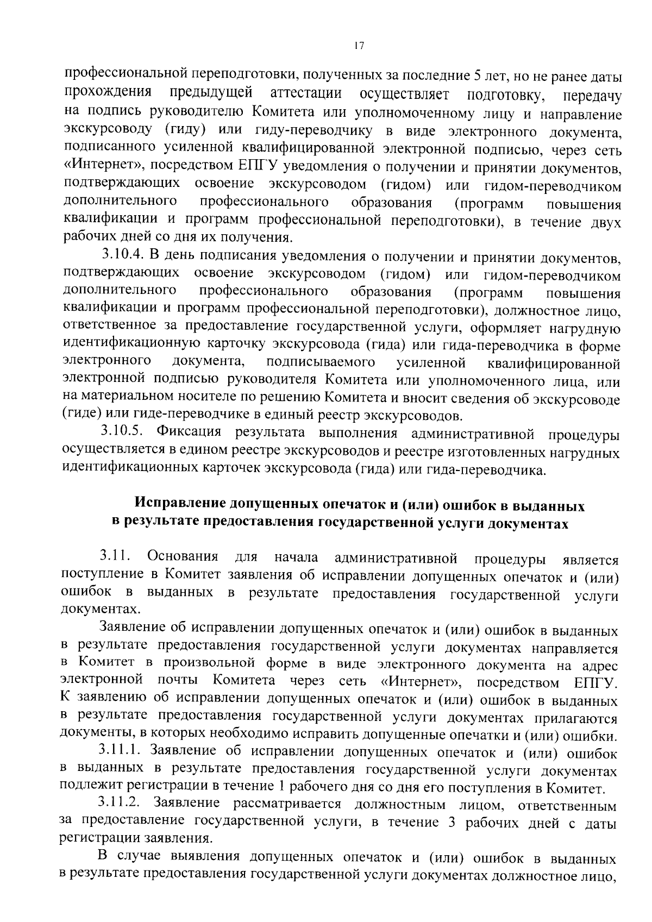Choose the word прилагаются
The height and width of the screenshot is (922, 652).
pos(576,718)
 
